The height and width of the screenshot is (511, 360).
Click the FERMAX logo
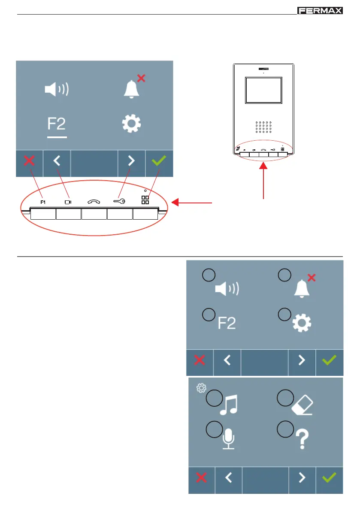click(x=320, y=10)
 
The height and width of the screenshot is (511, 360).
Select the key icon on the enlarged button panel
click(x=119, y=200)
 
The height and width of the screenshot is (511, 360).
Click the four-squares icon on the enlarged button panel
click(x=145, y=200)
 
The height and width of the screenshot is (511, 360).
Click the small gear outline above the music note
click(x=200, y=388)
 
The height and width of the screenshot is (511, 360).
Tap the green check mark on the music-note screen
click(x=330, y=479)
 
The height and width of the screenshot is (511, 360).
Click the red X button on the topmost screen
click(x=29, y=161)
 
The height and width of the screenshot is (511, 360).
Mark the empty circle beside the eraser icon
click(x=284, y=396)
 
